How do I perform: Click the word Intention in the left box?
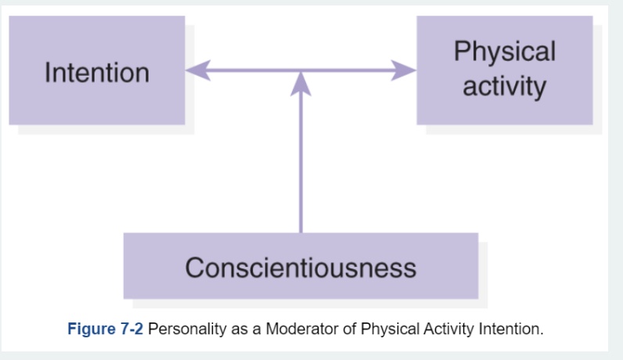click(97, 73)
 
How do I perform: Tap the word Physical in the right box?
click(504, 52)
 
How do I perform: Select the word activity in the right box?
click(504, 85)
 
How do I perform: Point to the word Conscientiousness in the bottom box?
click(301, 268)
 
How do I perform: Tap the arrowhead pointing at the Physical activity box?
click(404, 70)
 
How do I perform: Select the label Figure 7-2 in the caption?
click(105, 329)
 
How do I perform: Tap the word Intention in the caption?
click(511, 329)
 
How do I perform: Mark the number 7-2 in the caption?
click(131, 329)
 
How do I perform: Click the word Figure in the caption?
click(92, 329)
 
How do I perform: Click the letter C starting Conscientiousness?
click(194, 268)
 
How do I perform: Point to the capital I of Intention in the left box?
click(48, 73)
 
